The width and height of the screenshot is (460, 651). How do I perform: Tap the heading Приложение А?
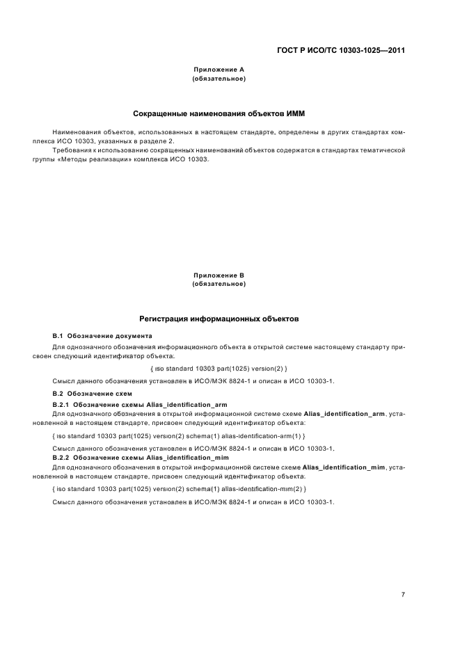pyautogui.click(x=219, y=70)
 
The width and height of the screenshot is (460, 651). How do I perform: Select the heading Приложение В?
pyautogui.click(x=219, y=275)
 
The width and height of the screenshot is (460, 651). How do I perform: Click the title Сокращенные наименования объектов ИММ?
pyautogui.click(x=219, y=113)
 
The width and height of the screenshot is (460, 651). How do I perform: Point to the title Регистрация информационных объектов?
pyautogui.click(x=219, y=319)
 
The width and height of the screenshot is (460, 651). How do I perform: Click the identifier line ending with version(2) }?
pyautogui.click(x=219, y=367)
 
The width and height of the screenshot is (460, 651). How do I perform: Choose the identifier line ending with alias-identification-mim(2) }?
pyautogui.click(x=179, y=489)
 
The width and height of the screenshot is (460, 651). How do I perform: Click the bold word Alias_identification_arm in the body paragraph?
pyautogui.click(x=344, y=413)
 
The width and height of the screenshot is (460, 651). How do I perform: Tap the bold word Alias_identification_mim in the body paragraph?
pyautogui.click(x=345, y=467)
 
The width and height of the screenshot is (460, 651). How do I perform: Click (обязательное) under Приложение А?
pyautogui.click(x=219, y=79)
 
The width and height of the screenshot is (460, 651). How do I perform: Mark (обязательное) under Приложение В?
pyautogui.click(x=219, y=284)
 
